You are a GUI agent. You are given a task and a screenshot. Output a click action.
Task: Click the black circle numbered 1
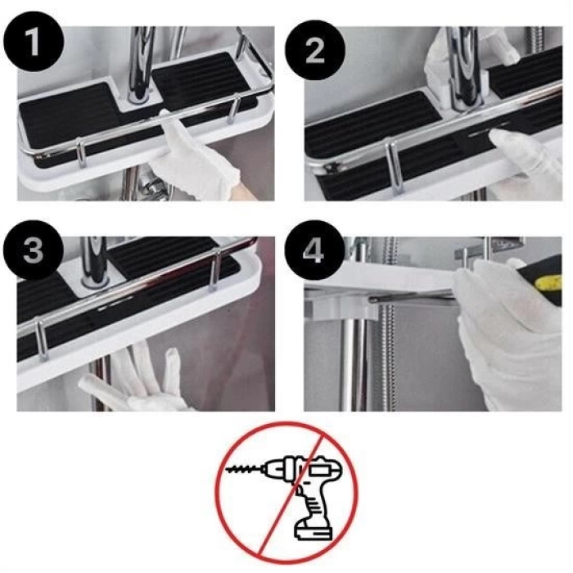(x=32, y=43)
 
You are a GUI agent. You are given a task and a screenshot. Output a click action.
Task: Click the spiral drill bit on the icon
(x=246, y=473)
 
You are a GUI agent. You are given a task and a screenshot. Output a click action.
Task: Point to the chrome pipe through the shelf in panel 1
(x=141, y=61)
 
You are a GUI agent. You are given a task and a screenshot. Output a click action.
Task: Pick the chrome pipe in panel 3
(x=94, y=262)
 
